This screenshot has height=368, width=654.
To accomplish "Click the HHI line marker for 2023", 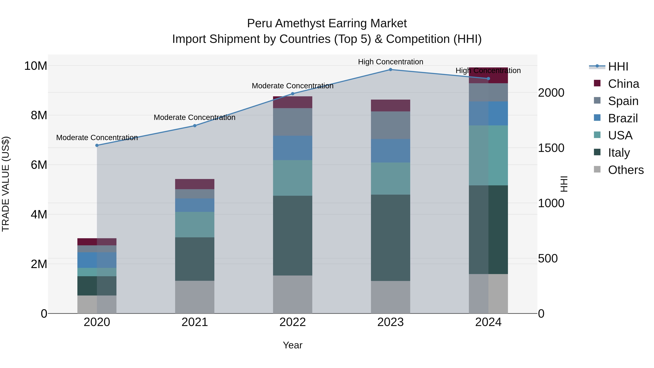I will coord(390,69).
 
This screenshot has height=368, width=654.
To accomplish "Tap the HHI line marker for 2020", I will coord(97,145).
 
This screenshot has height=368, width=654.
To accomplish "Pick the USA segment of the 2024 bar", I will coord(488,155).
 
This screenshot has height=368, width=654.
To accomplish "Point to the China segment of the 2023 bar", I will coord(390,105).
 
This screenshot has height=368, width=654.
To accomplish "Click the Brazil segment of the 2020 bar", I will coord(97,260).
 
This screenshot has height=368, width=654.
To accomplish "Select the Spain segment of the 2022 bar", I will coord(292,122).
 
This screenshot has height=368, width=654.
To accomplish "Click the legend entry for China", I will coord(623,84).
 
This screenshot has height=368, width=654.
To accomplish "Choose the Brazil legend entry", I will coord(623,118).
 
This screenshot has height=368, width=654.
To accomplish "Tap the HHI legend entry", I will coord(618,67).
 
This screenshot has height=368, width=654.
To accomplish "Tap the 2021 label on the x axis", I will coord(195,322).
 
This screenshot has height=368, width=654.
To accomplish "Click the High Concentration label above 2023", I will coord(390,62).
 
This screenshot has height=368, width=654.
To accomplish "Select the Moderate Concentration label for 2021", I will coord(195,117).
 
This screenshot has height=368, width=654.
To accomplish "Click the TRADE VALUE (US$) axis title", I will coord(6,184).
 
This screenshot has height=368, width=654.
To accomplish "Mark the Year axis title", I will coord(292,345).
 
